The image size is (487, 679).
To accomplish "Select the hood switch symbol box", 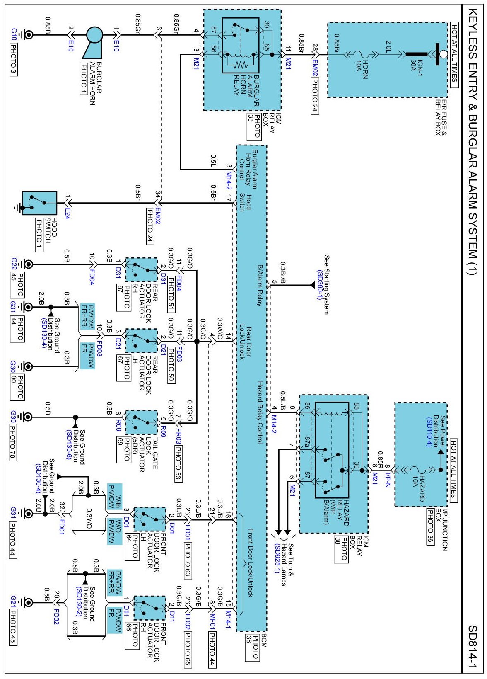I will coord(39,203).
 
